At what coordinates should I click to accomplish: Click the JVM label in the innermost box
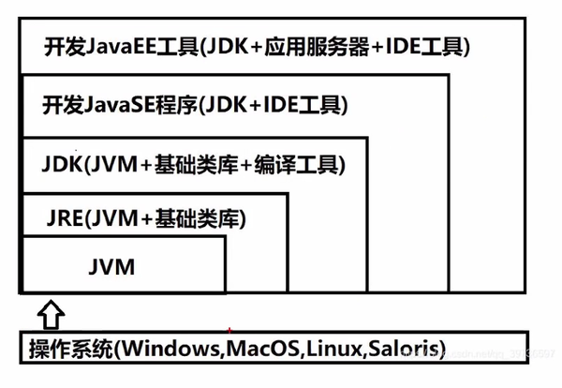114,266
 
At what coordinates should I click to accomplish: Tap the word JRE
63,220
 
